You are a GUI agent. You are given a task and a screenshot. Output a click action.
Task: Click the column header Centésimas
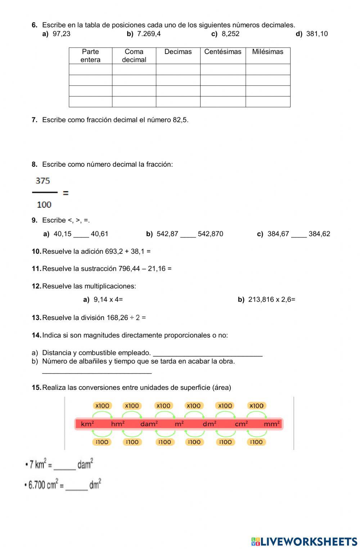pos(223,52)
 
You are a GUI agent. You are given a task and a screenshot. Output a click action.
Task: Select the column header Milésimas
pos(267,52)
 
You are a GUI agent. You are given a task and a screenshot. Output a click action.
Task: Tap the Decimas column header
pos(178,52)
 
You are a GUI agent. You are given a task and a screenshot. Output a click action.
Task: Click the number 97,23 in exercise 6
pos(62,34)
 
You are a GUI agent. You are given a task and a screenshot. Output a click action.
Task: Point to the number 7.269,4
pos(149,34)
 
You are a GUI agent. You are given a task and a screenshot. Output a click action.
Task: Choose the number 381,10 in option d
pos(317,34)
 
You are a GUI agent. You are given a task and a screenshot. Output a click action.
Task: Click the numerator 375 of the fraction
pos(43,181)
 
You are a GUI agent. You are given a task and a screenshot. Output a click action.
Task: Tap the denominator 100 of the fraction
pos(44,204)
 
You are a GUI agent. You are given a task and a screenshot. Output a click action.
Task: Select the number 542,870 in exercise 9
pos(210,234)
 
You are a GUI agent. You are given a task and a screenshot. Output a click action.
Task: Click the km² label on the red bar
pos(87,424)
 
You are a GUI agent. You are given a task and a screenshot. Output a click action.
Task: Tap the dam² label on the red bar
pos(149,424)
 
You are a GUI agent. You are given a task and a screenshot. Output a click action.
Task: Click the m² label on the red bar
pos(179,424)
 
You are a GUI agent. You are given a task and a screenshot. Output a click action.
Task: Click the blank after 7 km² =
pos(64,467)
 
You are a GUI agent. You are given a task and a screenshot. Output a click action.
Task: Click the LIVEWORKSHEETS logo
pos(304,541)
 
